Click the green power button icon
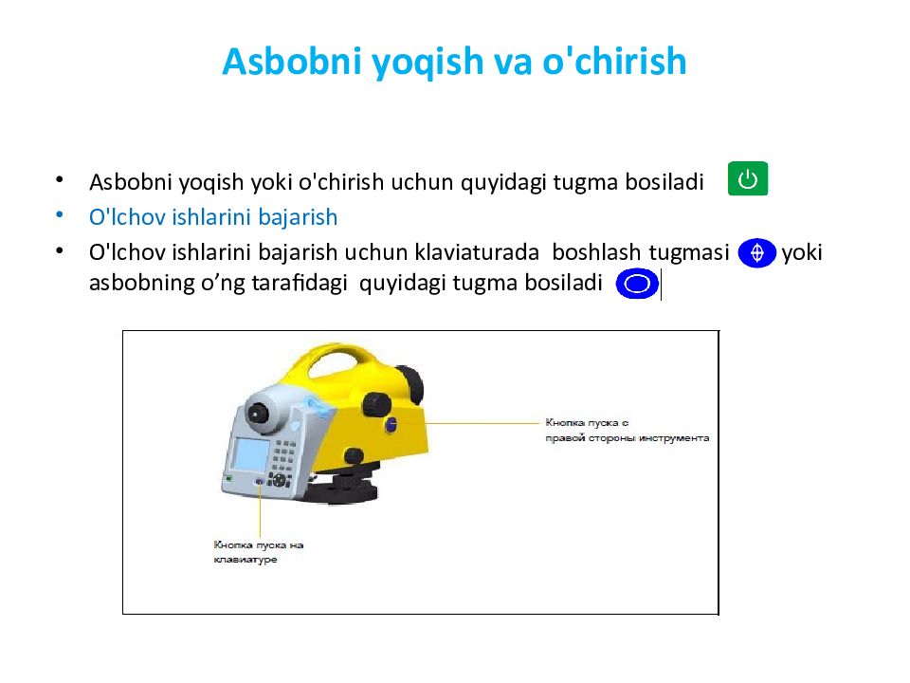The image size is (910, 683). (x=748, y=179)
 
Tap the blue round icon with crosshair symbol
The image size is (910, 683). (x=756, y=253)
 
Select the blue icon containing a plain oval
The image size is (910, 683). (x=637, y=284)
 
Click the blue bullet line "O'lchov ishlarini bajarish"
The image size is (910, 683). (x=213, y=217)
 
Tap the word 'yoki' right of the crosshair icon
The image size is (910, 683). (x=802, y=253)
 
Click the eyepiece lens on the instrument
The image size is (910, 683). (x=258, y=413)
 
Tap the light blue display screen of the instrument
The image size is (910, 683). (x=249, y=454)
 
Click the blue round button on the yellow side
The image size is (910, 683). (x=391, y=424)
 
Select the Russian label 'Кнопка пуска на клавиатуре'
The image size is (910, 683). (x=258, y=552)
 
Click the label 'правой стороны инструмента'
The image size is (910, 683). (x=628, y=438)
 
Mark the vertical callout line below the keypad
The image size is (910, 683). (x=261, y=512)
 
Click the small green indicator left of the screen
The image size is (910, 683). (x=228, y=479)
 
